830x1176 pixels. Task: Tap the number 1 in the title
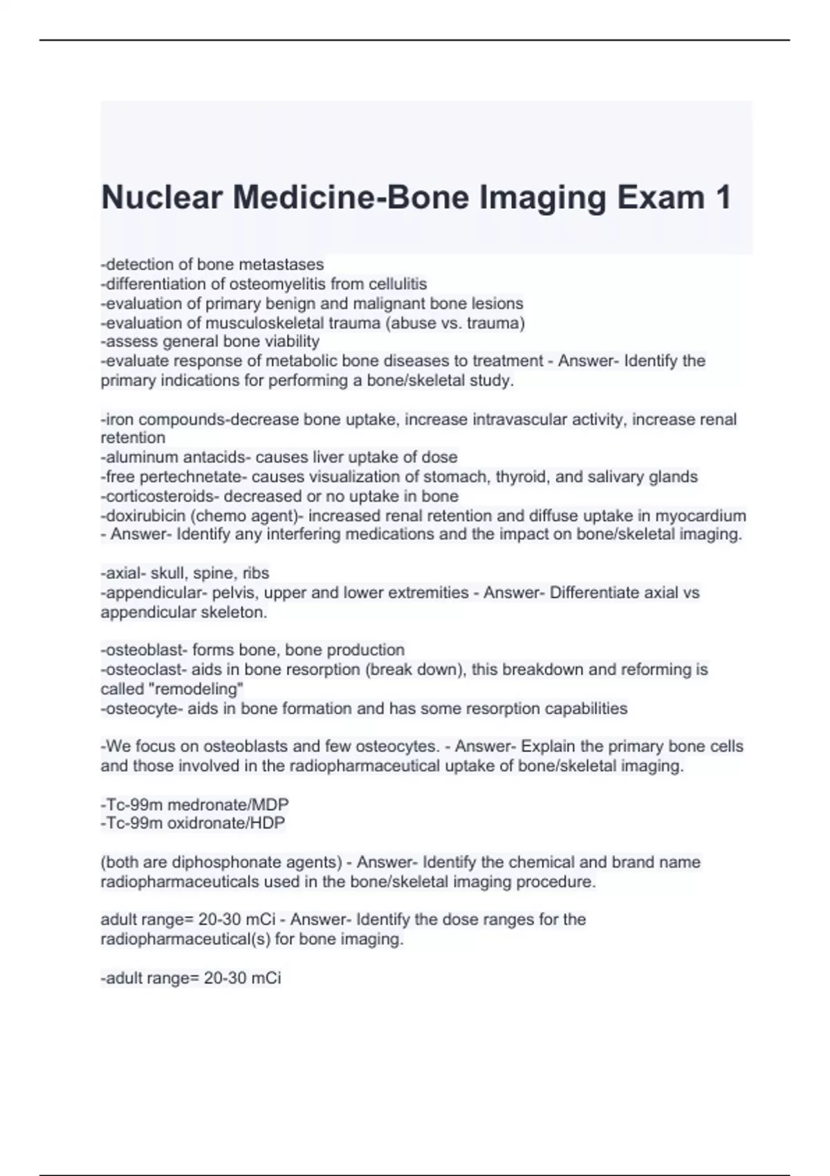coord(722,198)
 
